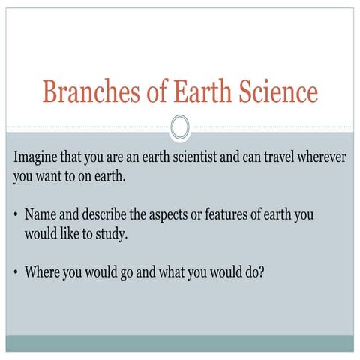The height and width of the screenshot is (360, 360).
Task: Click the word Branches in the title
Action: point(83,92)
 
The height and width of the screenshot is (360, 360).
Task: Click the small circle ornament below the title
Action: point(180,127)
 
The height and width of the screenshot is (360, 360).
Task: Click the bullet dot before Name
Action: point(16,216)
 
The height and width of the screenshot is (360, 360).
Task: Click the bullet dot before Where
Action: point(16,272)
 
